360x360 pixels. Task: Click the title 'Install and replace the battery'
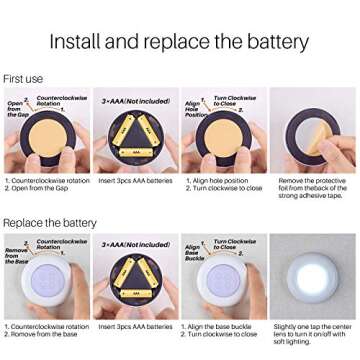(180, 41)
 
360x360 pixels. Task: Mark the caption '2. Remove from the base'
(38, 332)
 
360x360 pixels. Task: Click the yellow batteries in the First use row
(135, 140)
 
